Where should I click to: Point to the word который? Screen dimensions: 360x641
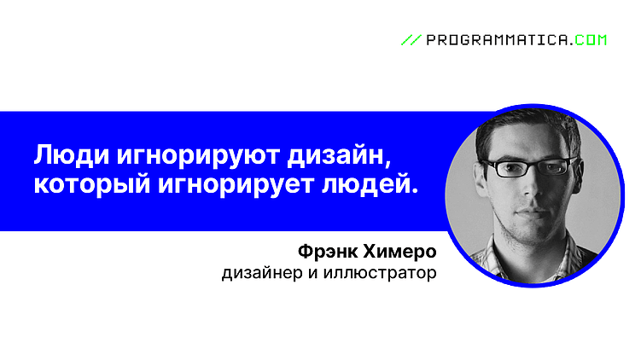(88, 184)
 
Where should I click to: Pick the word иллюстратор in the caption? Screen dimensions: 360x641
(388, 274)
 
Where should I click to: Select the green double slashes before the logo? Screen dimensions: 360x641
(411, 39)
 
